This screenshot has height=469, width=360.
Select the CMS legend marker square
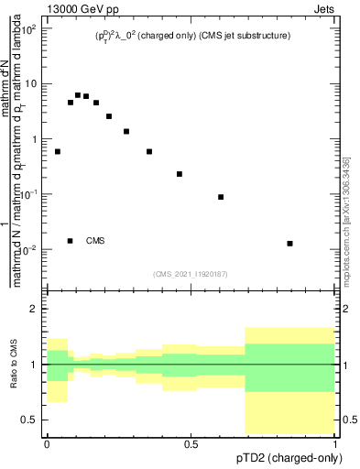71,241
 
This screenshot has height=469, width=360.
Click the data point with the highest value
78,94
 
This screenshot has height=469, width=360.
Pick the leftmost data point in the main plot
58,151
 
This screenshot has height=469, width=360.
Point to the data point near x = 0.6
221,197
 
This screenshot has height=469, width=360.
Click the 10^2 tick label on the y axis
29,28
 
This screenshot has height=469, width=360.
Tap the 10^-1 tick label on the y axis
29,194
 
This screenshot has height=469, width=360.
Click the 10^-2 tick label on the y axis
29,249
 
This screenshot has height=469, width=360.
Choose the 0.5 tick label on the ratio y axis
31,420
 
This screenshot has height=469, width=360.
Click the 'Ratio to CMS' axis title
13,365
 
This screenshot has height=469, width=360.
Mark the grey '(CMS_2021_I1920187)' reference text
191,274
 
